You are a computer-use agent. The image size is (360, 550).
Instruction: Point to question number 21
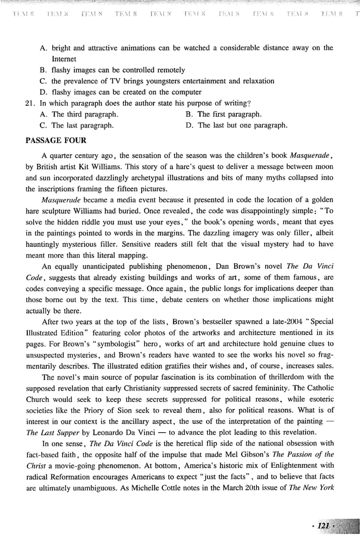[31, 103]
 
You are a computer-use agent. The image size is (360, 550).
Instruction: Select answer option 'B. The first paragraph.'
[224, 114]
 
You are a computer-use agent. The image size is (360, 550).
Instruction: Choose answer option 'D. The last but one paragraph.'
[237, 125]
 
